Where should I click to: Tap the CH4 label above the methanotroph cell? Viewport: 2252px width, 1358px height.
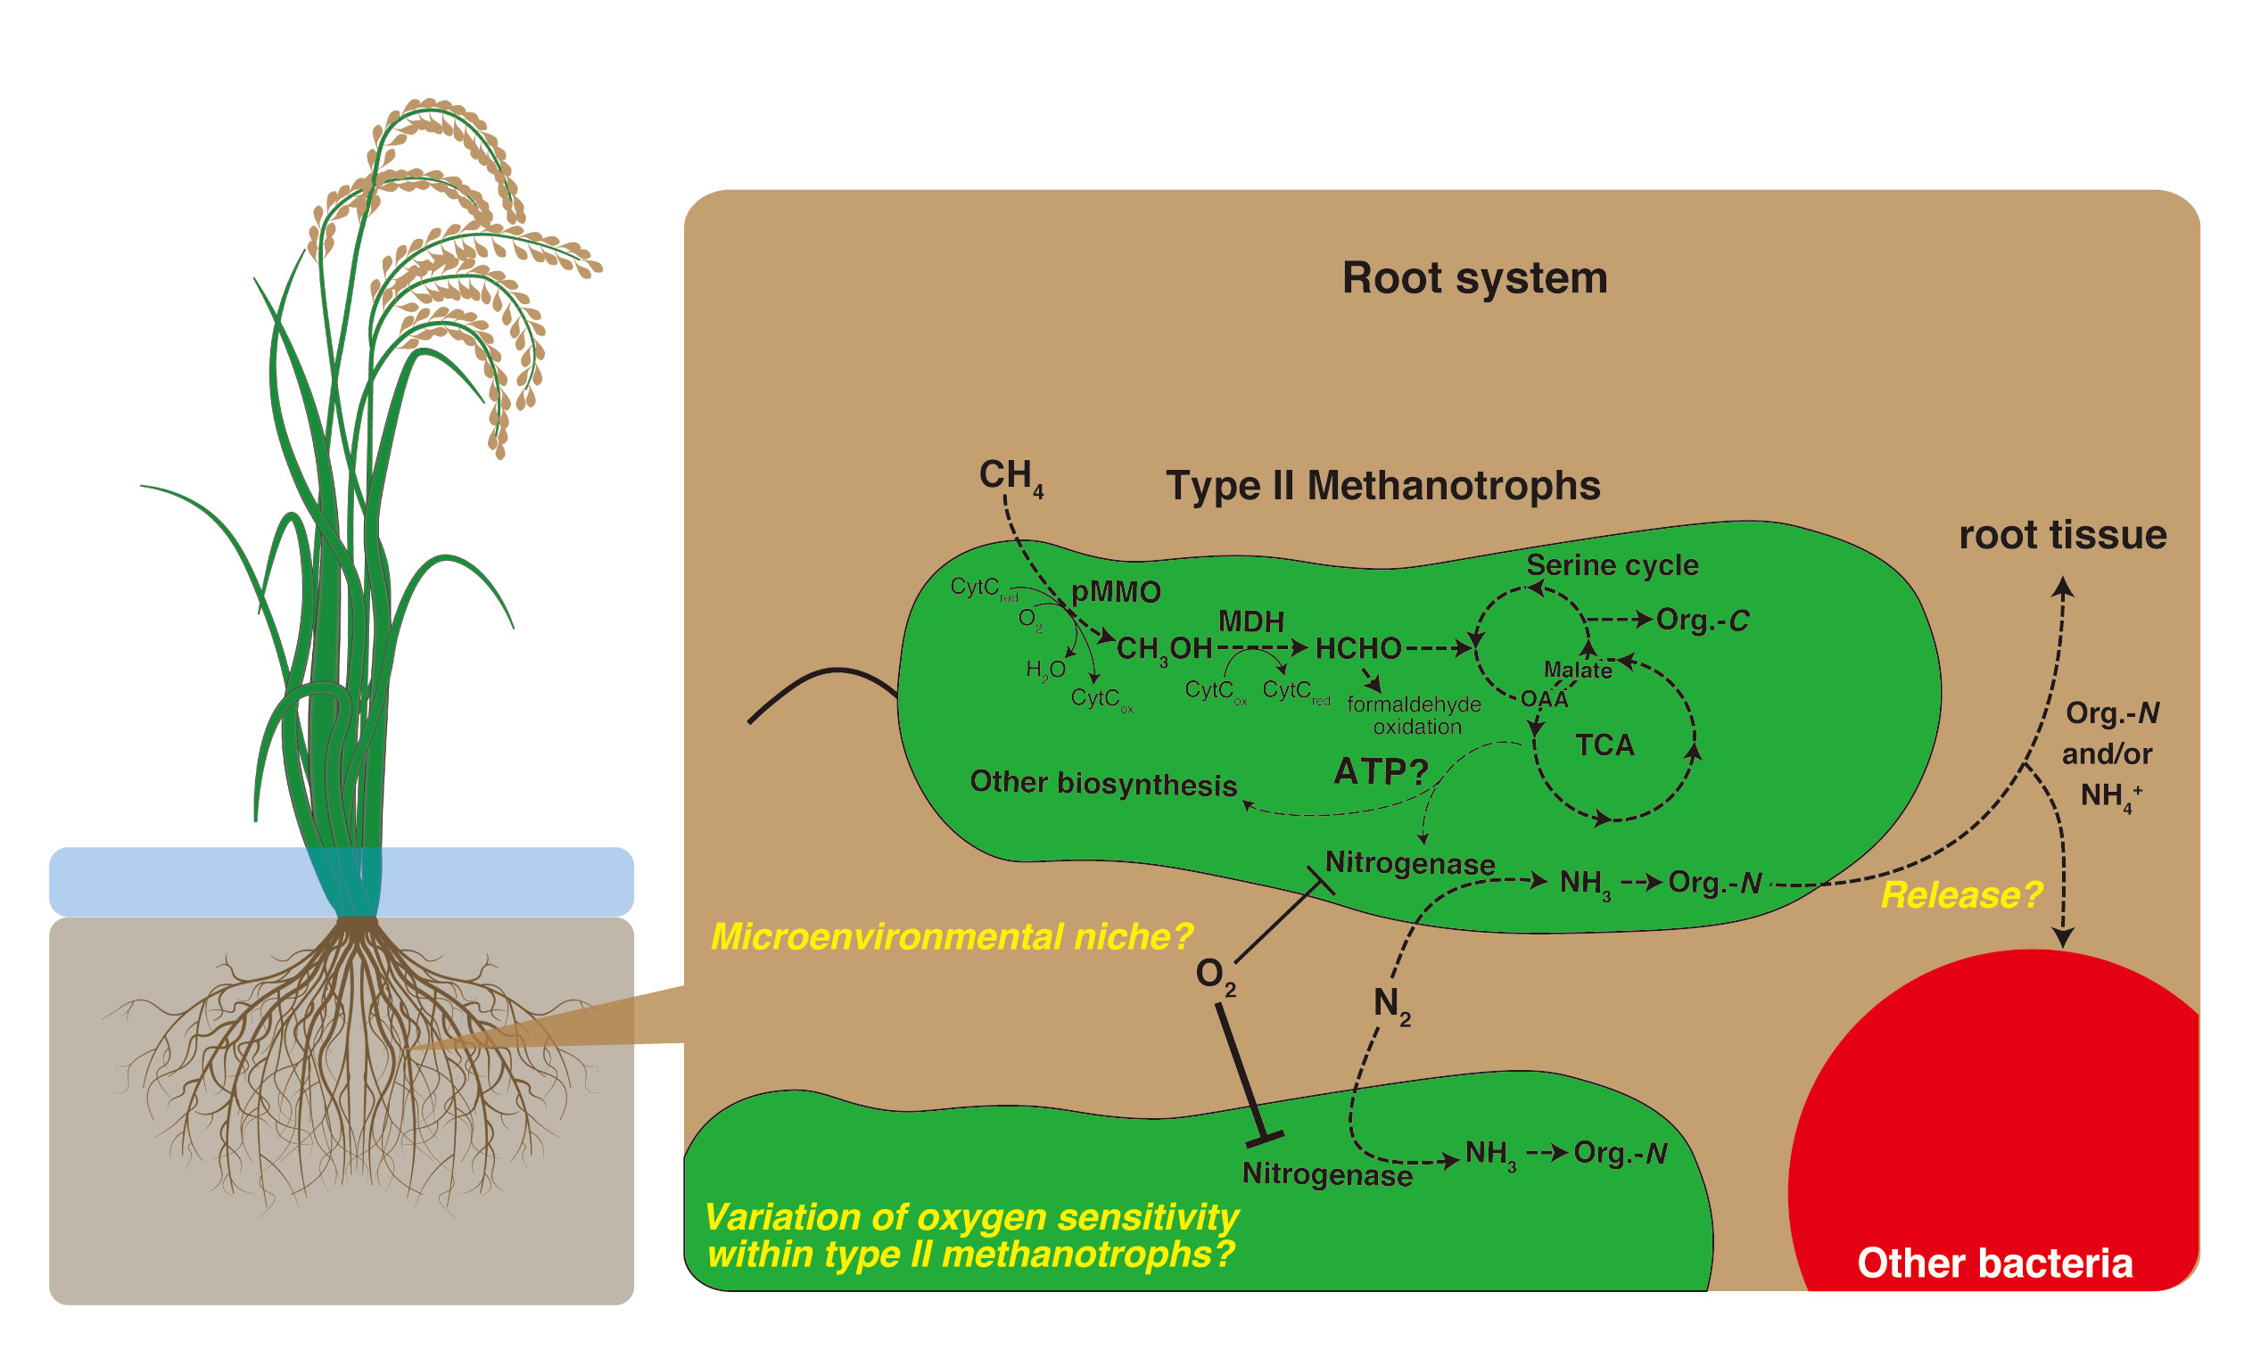[x=1011, y=477]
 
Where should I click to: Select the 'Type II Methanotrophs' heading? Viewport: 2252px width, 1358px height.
[x=1382, y=485]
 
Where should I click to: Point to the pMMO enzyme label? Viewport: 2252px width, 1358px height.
[x=1115, y=592]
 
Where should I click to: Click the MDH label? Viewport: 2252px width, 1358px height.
[x=1251, y=621]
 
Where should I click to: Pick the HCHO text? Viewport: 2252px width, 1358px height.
[x=1358, y=649]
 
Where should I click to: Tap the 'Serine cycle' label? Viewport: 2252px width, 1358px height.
[x=1613, y=565]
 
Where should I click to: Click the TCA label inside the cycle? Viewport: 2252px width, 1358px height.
[x=1604, y=745]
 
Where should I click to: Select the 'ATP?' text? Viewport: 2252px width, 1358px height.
[x=1381, y=772]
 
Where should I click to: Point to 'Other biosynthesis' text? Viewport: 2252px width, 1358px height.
[x=1103, y=783]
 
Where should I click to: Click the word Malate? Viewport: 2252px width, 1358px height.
[x=1578, y=670]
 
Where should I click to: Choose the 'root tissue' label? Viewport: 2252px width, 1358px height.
[x=2063, y=536]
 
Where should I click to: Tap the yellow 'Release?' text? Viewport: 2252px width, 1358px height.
[x=1960, y=895]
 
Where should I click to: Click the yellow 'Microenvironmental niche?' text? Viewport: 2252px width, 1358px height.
[x=953, y=937]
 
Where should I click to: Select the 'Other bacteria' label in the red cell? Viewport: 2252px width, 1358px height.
[x=1994, y=1263]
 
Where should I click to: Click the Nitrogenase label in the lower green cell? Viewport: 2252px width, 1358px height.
[x=1327, y=1174]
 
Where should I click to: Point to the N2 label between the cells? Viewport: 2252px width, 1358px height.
[x=1392, y=1005]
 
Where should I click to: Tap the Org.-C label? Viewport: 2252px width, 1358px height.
[x=1703, y=621]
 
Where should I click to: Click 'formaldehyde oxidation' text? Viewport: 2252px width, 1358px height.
[x=1414, y=715]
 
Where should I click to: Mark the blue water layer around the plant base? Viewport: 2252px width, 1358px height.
[x=341, y=882]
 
